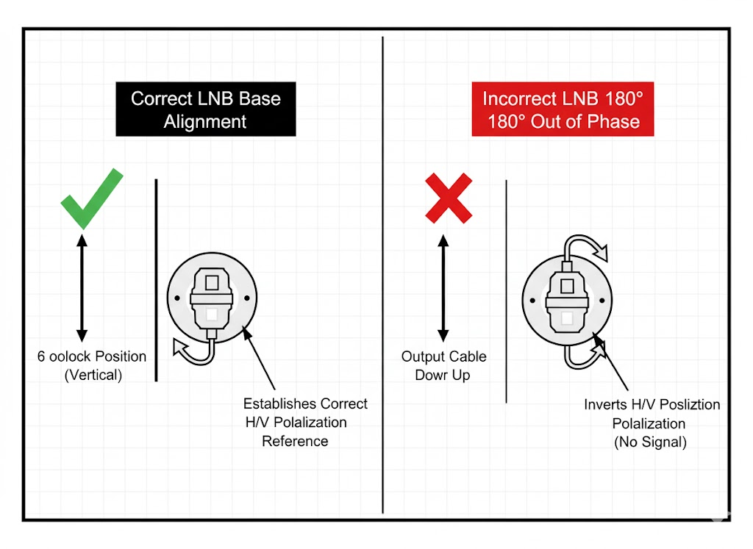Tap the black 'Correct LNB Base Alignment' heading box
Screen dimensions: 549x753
click(x=206, y=109)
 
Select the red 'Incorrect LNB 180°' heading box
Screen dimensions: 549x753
click(x=563, y=110)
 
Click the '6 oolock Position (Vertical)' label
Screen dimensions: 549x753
click(x=92, y=365)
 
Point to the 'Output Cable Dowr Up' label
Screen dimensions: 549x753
click(x=443, y=365)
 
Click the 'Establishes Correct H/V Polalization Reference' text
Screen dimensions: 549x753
click(x=305, y=422)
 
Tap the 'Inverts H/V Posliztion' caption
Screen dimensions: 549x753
click(x=652, y=404)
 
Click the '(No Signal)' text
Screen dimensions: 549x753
click(x=650, y=442)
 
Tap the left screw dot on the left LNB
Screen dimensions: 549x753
click(x=178, y=298)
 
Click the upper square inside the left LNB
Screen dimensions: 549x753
click(x=211, y=281)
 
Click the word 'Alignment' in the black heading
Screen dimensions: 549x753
click(x=205, y=121)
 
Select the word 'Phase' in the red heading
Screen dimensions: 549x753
click(x=613, y=122)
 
